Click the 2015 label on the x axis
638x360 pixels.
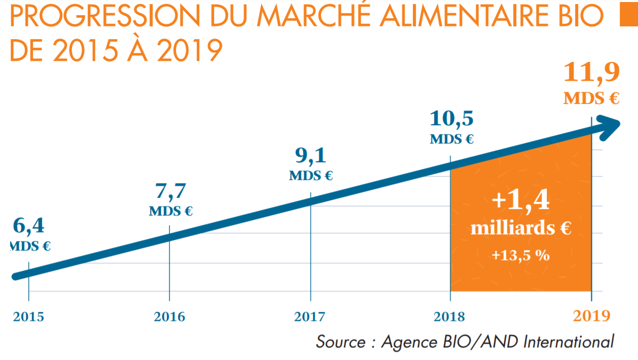coord(28,317)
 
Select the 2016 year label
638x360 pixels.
coord(169,317)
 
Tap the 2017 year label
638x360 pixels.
coord(310,317)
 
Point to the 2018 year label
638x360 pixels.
coord(450,317)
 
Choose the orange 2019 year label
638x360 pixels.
coord(591,316)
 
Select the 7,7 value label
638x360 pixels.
coord(170,192)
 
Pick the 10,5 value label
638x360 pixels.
coord(451,119)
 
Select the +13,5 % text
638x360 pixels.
coord(520,255)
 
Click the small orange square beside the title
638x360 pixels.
coord(628,18)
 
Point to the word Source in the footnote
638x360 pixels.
coord(340,341)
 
